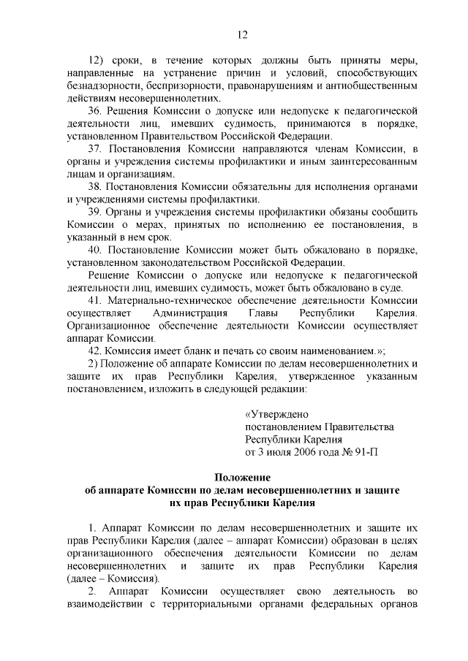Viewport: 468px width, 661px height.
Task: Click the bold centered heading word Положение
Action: tap(242, 477)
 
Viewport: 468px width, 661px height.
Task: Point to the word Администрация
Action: tap(191, 313)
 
